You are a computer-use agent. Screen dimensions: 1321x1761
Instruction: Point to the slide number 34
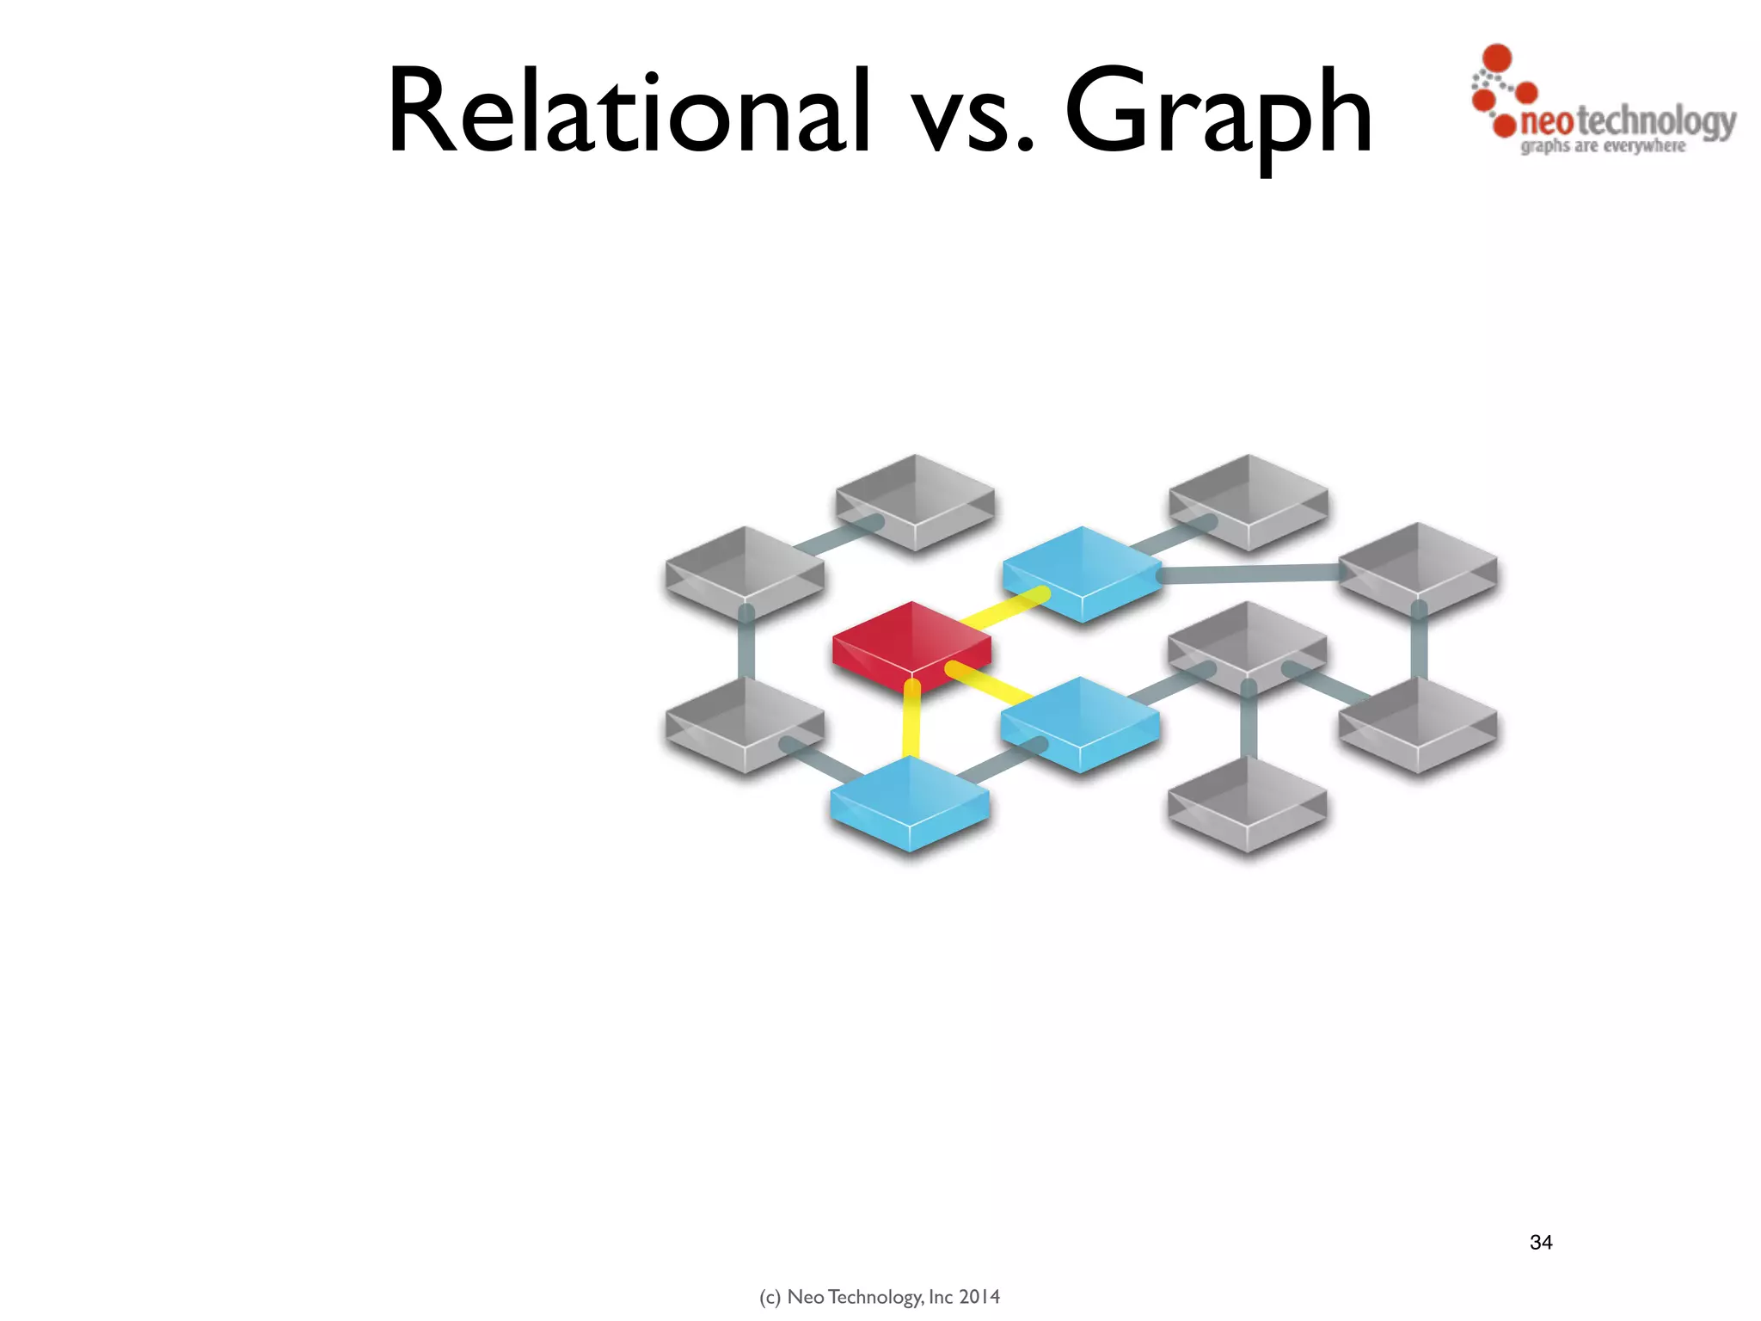click(x=1541, y=1242)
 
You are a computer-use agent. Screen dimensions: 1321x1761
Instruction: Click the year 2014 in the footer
click(x=979, y=1297)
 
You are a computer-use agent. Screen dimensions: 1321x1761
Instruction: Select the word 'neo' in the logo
click(x=1547, y=122)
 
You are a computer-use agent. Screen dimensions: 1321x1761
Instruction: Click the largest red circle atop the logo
click(x=1498, y=58)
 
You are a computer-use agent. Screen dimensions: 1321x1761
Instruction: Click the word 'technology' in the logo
click(x=1656, y=122)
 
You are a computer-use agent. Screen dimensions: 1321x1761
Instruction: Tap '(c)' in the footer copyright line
click(x=770, y=1297)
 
